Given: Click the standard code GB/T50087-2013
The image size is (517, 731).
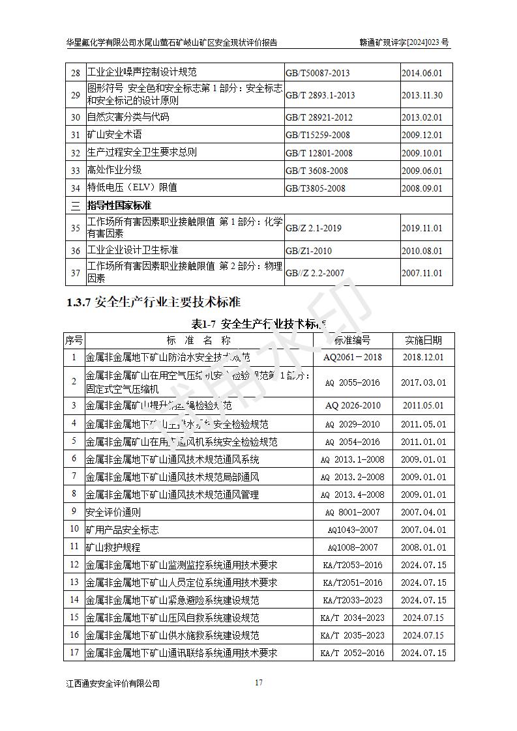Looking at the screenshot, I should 318,73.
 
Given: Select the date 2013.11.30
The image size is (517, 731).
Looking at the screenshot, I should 421,95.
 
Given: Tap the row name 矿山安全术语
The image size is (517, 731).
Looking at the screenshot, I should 114,135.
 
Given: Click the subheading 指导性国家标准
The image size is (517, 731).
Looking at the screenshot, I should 123,206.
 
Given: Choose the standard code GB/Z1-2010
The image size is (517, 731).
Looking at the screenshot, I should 308,251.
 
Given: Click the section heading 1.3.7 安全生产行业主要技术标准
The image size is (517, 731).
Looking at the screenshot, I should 153,302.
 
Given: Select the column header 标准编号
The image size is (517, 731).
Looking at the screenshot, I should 352,340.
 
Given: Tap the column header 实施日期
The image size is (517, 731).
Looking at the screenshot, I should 423,340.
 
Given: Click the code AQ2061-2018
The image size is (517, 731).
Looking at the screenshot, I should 352,357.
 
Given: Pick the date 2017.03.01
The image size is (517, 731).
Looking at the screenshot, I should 423,382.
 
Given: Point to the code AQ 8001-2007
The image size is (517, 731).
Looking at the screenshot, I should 352,513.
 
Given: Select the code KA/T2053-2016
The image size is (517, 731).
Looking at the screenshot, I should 352,565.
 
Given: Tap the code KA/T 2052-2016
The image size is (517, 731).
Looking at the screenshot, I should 352,653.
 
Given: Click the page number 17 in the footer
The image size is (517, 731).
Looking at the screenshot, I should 259,683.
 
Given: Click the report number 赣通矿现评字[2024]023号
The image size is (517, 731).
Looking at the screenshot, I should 404,43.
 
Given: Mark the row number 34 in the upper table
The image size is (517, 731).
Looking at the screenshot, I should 75,188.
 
